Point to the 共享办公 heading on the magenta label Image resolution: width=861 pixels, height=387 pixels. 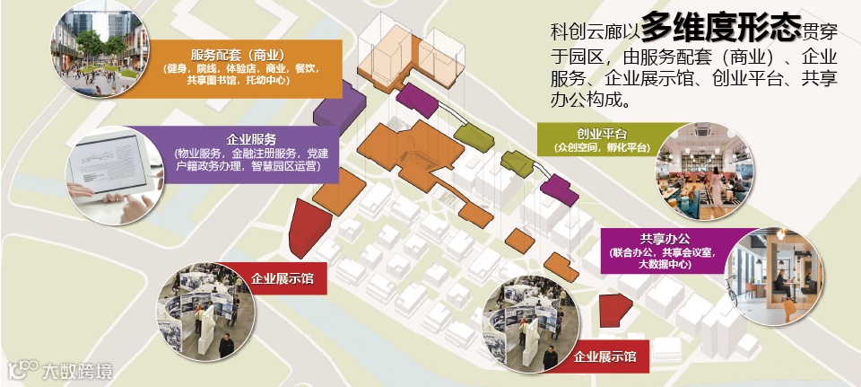point(665,239)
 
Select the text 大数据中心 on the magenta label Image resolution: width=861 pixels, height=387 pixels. point(665,267)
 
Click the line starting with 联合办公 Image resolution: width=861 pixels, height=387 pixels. point(665,253)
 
